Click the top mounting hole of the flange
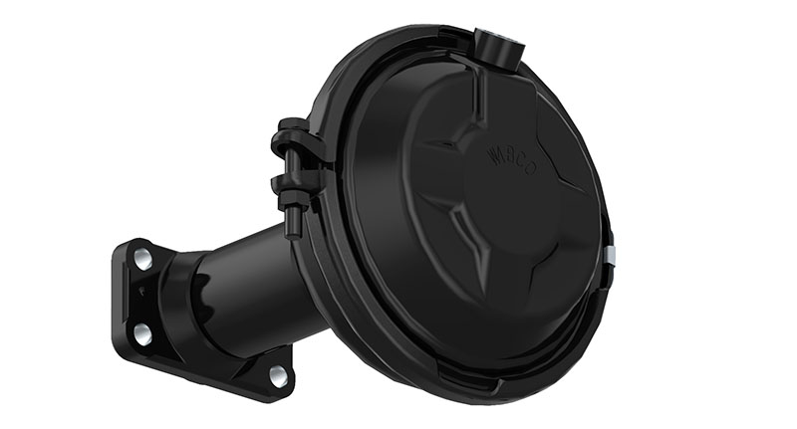pyautogui.click(x=143, y=261)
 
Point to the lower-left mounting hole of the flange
pyautogui.click(x=142, y=330)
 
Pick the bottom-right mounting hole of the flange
pyautogui.click(x=277, y=375)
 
